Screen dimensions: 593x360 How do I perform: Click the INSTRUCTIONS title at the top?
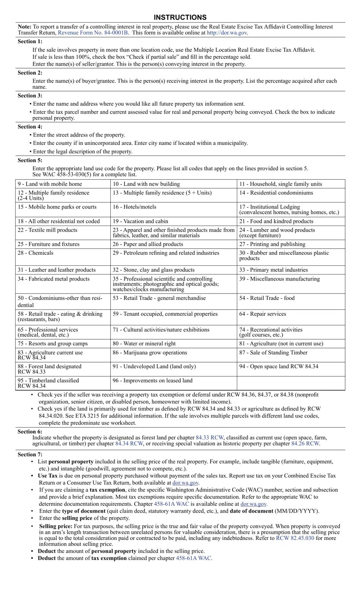click(x=180, y=17)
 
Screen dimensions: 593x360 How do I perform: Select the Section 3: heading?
click(x=30, y=96)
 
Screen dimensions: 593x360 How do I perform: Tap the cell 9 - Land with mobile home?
click(x=50, y=184)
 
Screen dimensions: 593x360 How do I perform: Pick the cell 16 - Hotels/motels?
click(x=134, y=207)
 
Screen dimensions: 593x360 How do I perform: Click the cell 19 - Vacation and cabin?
click(x=140, y=221)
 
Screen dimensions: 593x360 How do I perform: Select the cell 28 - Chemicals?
click(x=35, y=253)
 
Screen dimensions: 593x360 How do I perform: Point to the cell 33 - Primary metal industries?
click(x=273, y=270)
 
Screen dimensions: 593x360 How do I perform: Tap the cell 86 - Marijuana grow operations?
click(x=150, y=353)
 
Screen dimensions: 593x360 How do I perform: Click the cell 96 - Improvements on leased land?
click(x=152, y=381)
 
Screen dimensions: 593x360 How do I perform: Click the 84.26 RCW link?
click(x=305, y=444)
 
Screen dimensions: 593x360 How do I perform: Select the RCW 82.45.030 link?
click(x=295, y=538)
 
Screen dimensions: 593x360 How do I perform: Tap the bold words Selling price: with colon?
click(x=56, y=527)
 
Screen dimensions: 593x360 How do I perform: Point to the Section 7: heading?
click(x=30, y=455)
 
